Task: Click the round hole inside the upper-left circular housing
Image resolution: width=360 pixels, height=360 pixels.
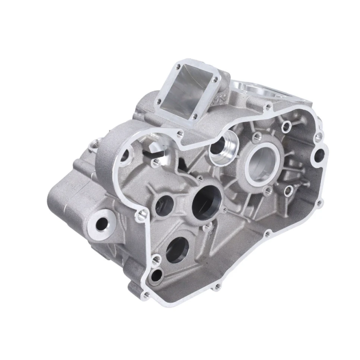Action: tap(125, 157)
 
